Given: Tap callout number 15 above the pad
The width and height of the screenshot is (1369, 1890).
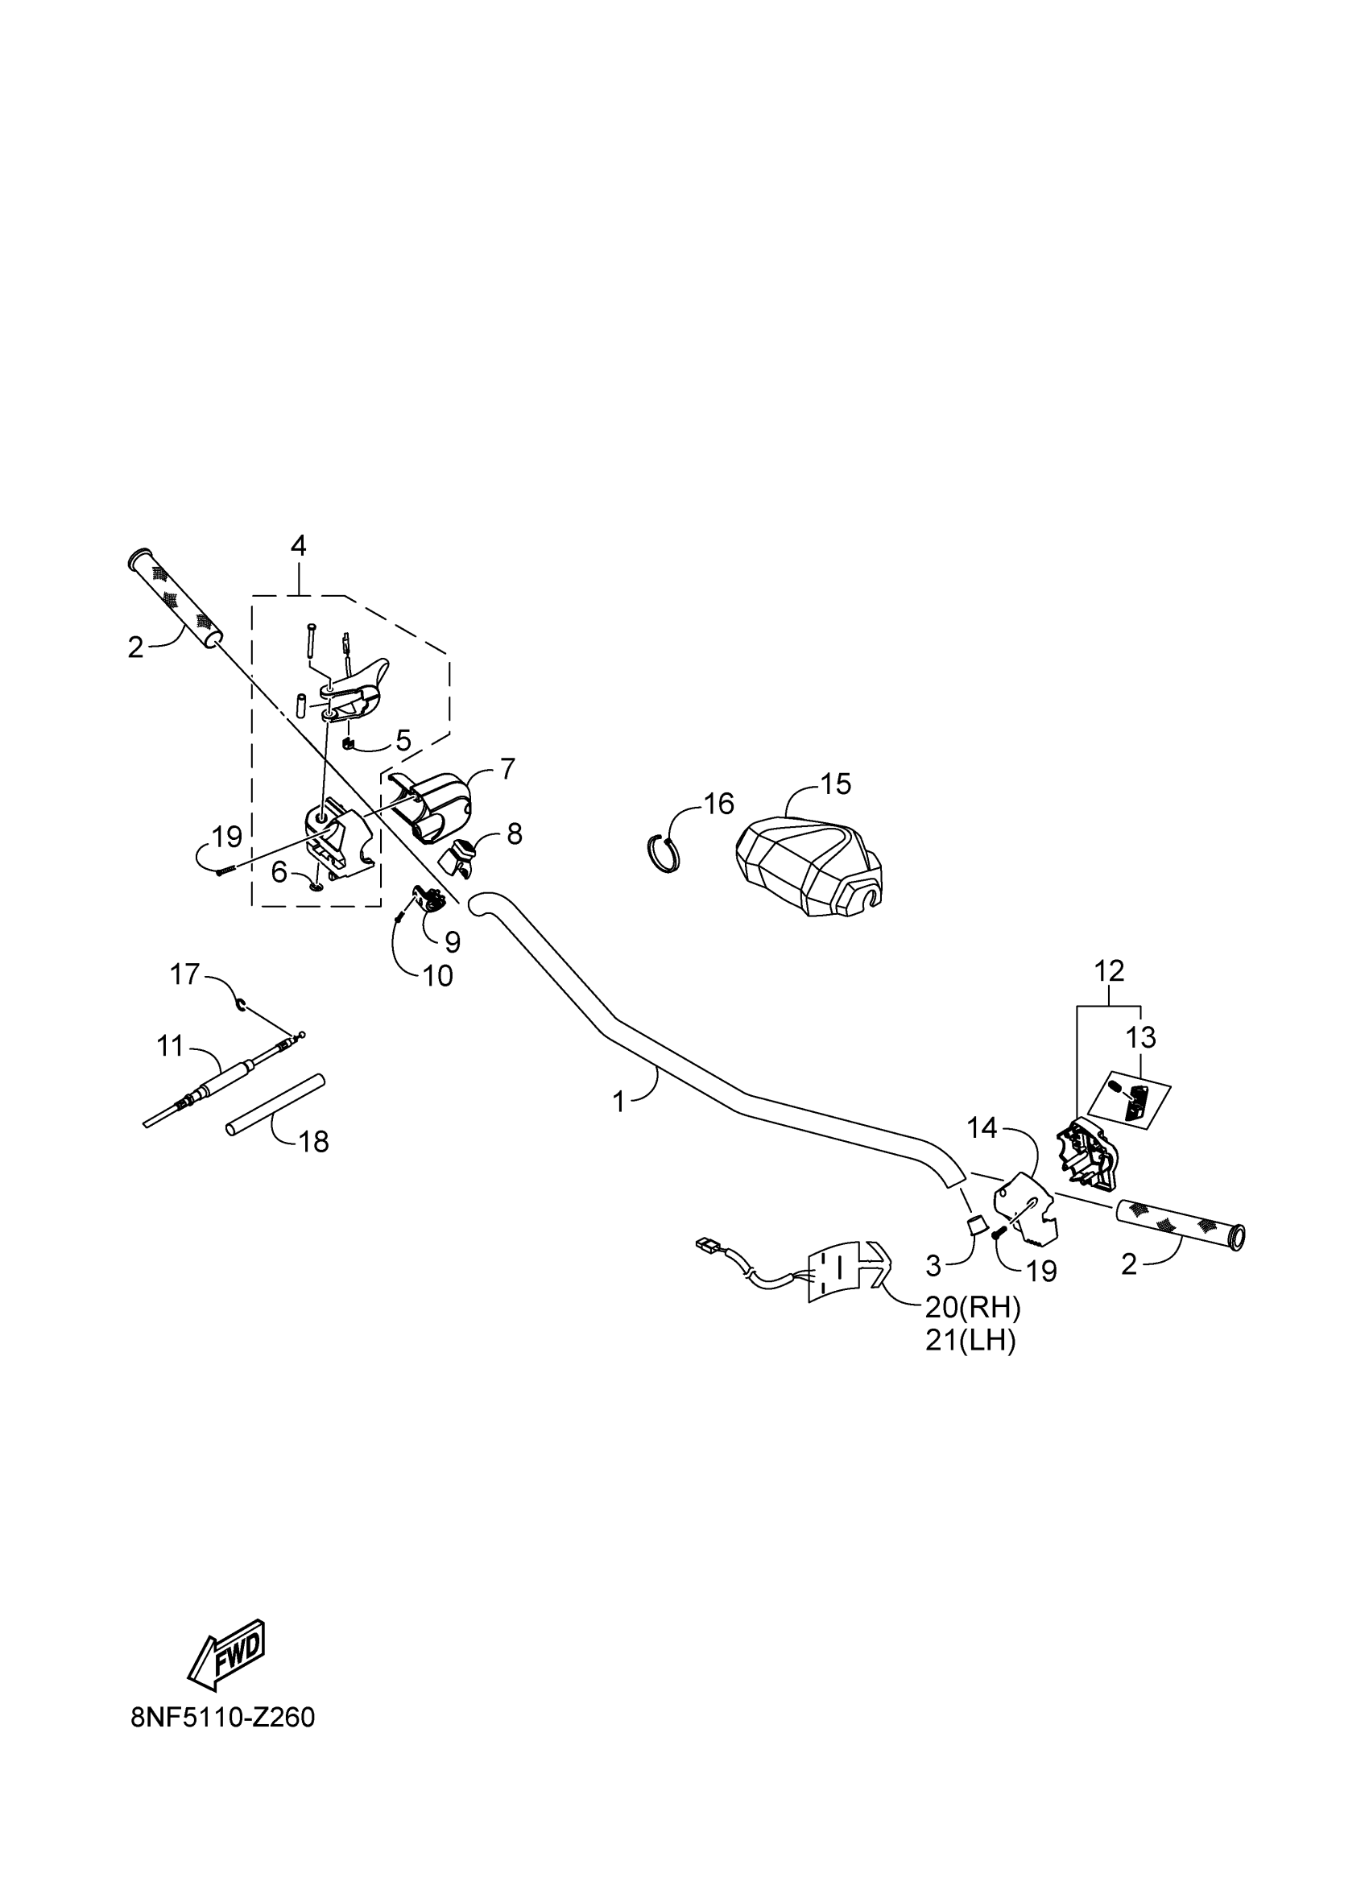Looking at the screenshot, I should (836, 784).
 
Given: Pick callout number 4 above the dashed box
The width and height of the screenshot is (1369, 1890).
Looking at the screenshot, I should (298, 546).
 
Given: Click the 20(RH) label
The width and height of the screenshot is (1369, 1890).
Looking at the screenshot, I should (972, 1308).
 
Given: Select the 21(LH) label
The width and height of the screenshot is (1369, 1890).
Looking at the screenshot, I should (970, 1341).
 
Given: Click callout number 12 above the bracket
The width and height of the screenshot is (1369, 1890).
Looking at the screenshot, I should (1109, 971).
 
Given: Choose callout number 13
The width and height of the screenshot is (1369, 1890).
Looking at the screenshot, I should (1140, 1037).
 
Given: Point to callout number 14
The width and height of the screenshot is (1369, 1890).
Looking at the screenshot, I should (982, 1128).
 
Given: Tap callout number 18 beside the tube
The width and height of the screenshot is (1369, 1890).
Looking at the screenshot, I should (314, 1142).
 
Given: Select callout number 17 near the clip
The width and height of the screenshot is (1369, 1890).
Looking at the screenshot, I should (185, 974).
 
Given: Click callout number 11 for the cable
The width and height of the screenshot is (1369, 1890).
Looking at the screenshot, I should (170, 1045).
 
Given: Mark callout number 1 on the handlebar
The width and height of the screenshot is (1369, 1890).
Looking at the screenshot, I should (618, 1102).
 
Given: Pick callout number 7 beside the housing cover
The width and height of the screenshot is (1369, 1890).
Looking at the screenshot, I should (507, 767).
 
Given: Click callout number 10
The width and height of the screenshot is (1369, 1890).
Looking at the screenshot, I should (438, 976).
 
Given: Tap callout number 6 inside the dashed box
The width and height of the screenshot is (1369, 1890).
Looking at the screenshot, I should (279, 872).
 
